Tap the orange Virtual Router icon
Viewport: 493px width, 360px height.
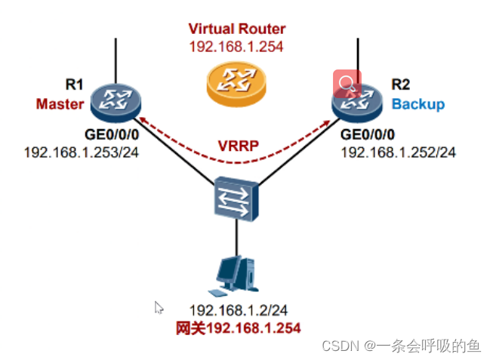pyautogui.click(x=236, y=80)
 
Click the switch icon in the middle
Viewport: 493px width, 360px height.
pyautogui.click(x=236, y=197)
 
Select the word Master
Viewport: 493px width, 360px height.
pyautogui.click(x=60, y=104)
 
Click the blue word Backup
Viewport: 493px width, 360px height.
pyautogui.click(x=418, y=104)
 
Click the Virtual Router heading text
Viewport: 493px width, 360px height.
pyautogui.click(x=236, y=29)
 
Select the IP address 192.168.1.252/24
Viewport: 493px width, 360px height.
pyautogui.click(x=398, y=152)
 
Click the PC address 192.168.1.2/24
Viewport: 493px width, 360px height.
pyautogui.click(x=236, y=311)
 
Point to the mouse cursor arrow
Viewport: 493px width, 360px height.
pyautogui.click(x=159, y=307)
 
